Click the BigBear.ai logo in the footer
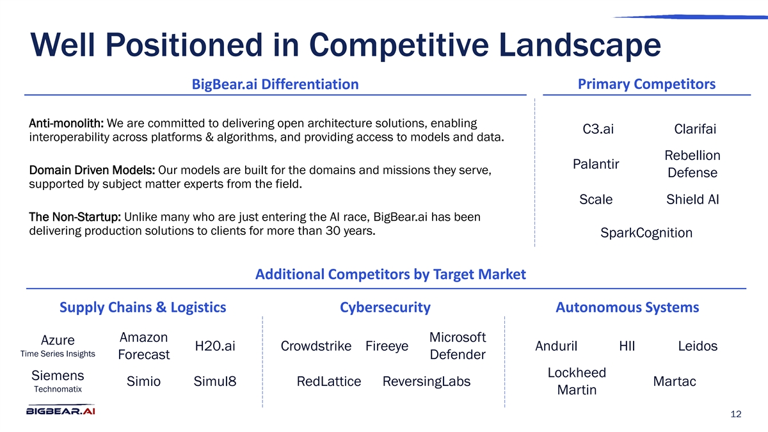(x=61, y=410)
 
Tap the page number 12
(x=736, y=414)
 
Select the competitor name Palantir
(x=596, y=164)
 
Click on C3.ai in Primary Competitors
(x=598, y=129)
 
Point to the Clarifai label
(x=695, y=129)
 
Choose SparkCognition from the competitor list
(x=646, y=233)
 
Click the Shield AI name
(x=692, y=199)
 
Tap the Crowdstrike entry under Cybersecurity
(x=316, y=346)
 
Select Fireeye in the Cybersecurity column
(x=387, y=346)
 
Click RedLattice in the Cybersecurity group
(x=329, y=381)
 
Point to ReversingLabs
(x=426, y=381)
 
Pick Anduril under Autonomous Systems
(x=556, y=346)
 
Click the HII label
(x=627, y=346)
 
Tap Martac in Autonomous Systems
(x=675, y=381)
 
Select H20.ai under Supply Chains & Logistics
(x=215, y=346)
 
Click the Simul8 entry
(x=215, y=381)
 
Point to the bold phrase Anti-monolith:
(x=66, y=123)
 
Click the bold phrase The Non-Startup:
(x=75, y=217)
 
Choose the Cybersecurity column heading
(x=385, y=307)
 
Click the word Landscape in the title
(x=579, y=45)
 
